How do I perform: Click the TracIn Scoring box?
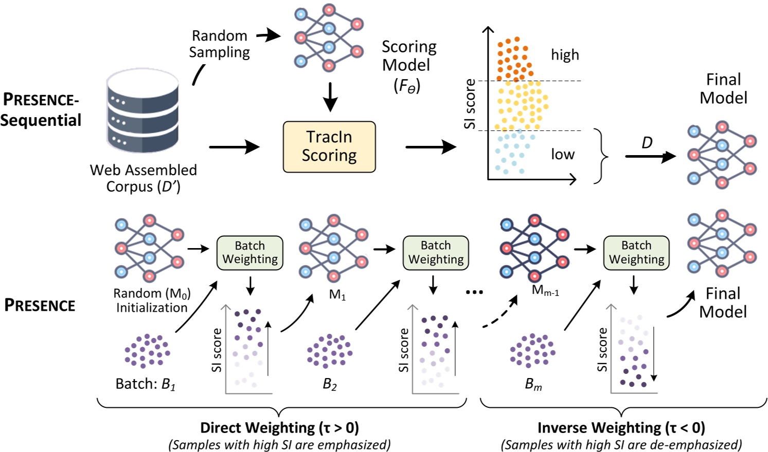coord(329,146)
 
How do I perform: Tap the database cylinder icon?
coord(142,112)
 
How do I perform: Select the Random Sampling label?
coord(220,44)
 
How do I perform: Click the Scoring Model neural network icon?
coord(328,37)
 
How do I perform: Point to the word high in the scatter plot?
coord(565,55)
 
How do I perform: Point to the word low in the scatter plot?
coord(563,155)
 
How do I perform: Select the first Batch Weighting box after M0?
coord(250,253)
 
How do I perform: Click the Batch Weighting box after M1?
coord(436,253)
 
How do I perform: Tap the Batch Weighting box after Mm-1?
coord(636,253)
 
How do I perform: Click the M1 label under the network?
coord(337,295)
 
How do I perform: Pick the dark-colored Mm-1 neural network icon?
coord(534,248)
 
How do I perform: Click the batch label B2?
coord(330,384)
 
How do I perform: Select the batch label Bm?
coord(533,384)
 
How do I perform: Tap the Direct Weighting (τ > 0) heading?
coord(279,427)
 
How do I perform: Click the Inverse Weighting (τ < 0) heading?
coord(621,427)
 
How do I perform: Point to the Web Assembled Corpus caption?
coord(143,178)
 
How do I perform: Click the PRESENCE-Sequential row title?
coord(41,109)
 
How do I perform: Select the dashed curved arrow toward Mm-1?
coord(501,314)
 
